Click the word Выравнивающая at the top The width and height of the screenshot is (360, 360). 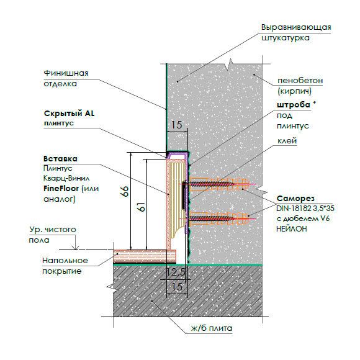296,27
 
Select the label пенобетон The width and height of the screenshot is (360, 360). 300,81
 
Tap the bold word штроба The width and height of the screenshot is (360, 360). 294,105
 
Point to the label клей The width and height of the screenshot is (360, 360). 287,140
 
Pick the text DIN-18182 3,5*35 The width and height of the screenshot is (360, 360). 305,209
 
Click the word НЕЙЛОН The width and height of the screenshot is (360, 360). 292,228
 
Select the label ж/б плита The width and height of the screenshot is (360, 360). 212,328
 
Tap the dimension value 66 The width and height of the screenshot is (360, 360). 125,191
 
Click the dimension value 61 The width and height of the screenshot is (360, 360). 142,207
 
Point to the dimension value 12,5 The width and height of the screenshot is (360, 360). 176,272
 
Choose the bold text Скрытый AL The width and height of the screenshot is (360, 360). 69,114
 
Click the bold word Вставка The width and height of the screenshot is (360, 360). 60,159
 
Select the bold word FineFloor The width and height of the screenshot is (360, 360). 61,189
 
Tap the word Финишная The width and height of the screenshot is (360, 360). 66,73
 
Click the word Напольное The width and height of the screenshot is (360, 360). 65,261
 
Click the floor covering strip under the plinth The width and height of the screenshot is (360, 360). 145,256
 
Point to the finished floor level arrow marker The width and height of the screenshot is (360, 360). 75,248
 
